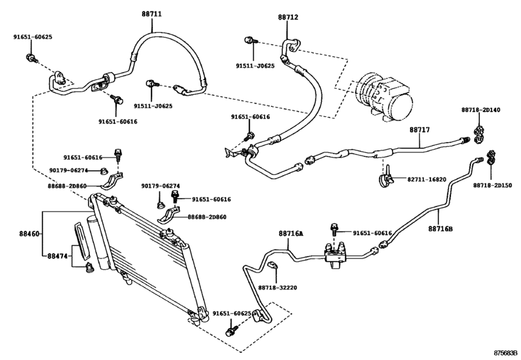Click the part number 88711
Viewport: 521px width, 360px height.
[152, 14]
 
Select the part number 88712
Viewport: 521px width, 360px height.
[288, 17]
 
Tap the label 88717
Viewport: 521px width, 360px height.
[419, 130]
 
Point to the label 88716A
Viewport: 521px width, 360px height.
[291, 234]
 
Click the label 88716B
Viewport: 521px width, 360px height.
[440, 229]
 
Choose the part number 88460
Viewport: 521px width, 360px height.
[30, 234]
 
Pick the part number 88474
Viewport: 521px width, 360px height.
[57, 256]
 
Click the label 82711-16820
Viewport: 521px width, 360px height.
[427, 179]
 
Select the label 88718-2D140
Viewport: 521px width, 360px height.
[481, 110]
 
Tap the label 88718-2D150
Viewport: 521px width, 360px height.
[493, 186]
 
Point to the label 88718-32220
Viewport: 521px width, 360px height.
[278, 287]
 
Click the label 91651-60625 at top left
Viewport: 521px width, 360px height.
[33, 37]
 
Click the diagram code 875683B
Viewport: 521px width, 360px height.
[506, 353]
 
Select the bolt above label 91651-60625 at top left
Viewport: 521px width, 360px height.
[31, 59]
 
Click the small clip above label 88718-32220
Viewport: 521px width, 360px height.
[272, 265]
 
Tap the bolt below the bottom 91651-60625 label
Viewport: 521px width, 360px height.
[232, 330]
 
